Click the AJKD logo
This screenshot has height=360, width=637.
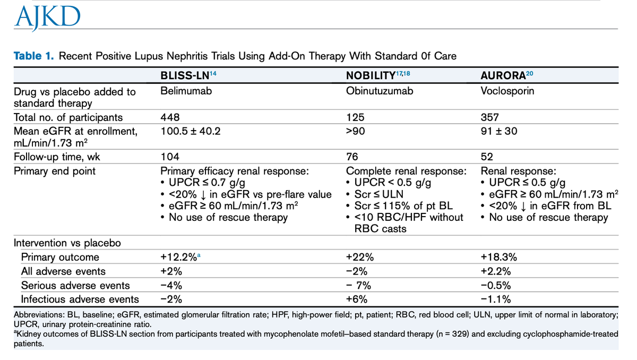[x=48, y=18]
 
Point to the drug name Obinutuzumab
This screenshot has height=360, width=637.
[x=379, y=91]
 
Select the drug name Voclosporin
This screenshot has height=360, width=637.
[x=507, y=91]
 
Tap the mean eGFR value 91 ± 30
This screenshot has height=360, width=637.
[x=498, y=131]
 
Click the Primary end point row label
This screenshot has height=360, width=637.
[x=54, y=171]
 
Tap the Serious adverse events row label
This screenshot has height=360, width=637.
[x=75, y=285]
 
